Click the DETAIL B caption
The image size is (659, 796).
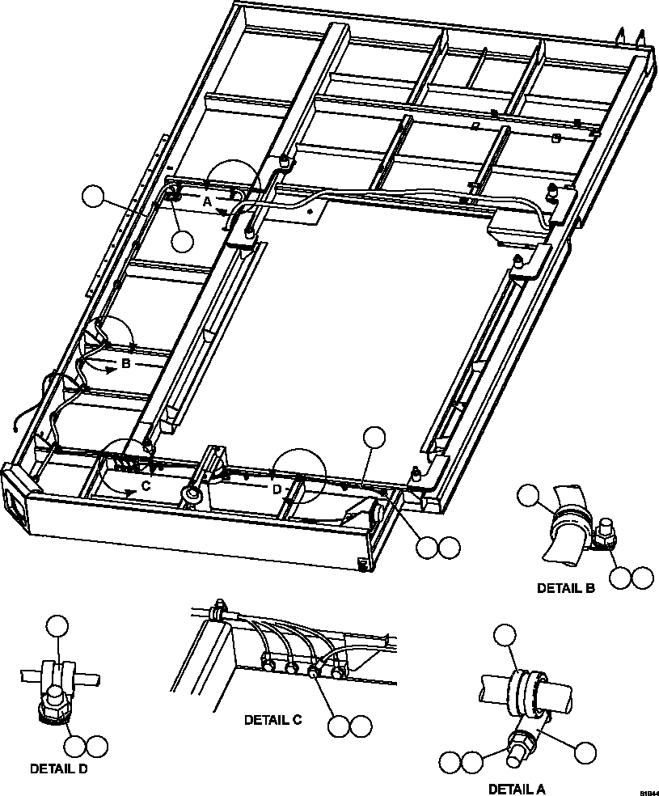coord(565,589)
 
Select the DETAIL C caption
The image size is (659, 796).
coord(272,719)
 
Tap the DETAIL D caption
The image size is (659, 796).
coord(58,768)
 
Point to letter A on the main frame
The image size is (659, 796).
coord(206,202)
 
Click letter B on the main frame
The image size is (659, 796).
coord(125,364)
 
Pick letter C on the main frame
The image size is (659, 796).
coord(146,486)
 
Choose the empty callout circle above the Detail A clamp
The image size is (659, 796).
coord(505,635)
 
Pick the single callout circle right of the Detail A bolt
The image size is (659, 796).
coord(585,752)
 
